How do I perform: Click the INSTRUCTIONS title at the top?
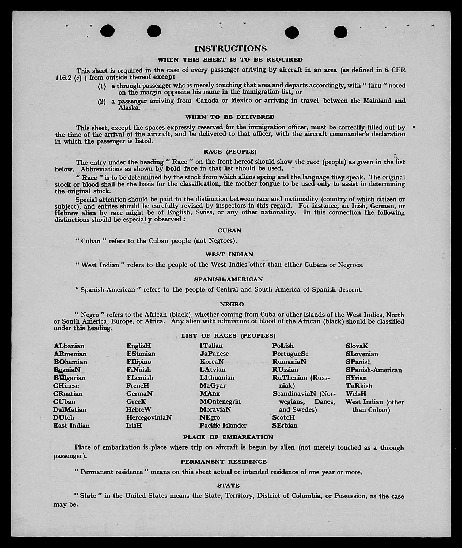230,49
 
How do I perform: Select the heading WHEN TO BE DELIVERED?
230,117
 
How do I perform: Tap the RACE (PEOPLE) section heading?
230,152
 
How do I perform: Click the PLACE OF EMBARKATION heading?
228,437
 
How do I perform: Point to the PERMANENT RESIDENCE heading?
224,462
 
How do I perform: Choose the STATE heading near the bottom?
228,485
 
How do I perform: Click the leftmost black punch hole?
107,31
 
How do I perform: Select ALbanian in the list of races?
69,346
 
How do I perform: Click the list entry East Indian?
71,426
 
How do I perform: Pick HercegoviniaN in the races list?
149,417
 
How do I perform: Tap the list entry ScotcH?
283,417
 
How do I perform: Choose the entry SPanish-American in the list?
374,370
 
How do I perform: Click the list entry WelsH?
356,394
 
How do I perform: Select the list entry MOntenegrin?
220,401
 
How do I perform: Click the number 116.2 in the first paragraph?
63,78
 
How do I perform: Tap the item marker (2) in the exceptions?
102,102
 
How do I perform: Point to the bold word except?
164,77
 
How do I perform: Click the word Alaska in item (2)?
129,108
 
